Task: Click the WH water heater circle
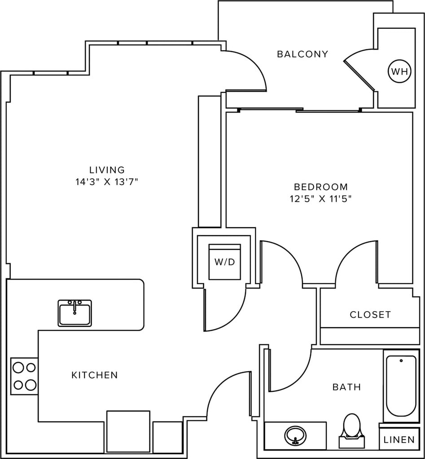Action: (399, 71)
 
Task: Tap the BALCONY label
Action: (302, 54)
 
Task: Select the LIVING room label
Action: (107, 170)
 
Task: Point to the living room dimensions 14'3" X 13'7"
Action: (107, 182)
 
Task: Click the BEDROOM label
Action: (320, 186)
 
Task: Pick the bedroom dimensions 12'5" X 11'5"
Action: (320, 199)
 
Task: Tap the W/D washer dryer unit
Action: (225, 262)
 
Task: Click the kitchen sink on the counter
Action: (74, 313)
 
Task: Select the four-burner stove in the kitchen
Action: (24, 376)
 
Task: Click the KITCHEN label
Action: (95, 375)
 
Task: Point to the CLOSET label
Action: (370, 315)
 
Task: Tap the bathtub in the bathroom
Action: (401, 386)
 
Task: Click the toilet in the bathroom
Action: (352, 429)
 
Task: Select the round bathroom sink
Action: (295, 435)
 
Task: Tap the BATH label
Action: (346, 387)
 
